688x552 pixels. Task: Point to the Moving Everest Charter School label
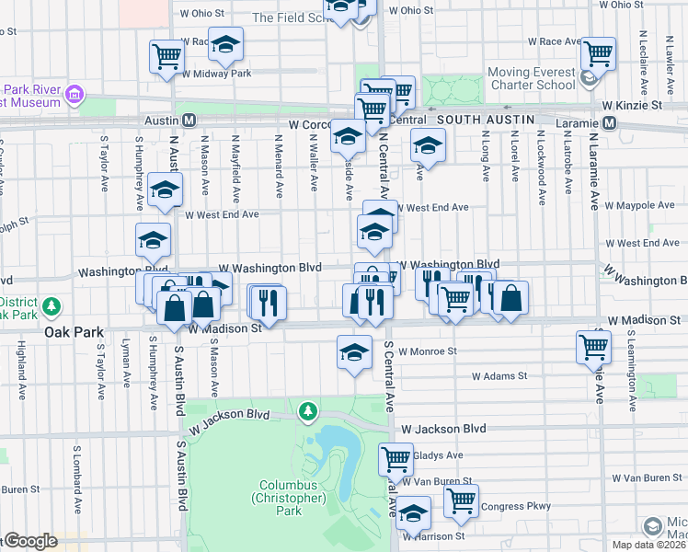pyautogui.click(x=531, y=79)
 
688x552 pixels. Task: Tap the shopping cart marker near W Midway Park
pyautogui.click(x=166, y=56)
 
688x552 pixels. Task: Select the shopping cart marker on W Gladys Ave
pyautogui.click(x=396, y=457)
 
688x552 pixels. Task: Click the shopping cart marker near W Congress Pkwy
pyautogui.click(x=461, y=500)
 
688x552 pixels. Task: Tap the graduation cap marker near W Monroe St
pyautogui.click(x=354, y=351)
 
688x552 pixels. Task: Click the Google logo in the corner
pyautogui.click(x=30, y=542)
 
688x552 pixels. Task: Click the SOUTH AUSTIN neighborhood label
pyautogui.click(x=486, y=121)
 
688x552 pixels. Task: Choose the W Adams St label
pyautogui.click(x=499, y=376)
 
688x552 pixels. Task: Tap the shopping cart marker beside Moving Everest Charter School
pyautogui.click(x=598, y=53)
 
